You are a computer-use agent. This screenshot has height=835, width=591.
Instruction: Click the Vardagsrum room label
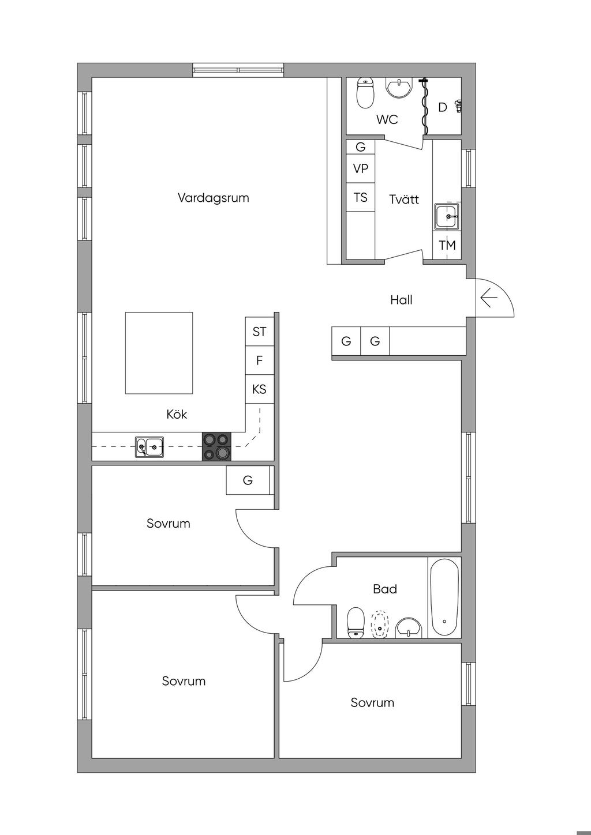point(214,198)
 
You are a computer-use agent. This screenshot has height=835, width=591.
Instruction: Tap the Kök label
point(177,414)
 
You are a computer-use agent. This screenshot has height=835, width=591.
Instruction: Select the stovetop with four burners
point(217,446)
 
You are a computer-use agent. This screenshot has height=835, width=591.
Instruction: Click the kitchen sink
point(149,446)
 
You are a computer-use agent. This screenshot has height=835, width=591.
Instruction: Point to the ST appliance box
point(260,332)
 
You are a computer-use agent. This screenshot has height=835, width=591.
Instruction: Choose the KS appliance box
point(260,389)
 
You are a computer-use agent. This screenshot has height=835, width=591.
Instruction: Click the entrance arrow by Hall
point(489,299)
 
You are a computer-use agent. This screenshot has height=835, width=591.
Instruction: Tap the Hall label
point(402,300)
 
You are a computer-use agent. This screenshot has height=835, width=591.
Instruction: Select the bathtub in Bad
point(444,597)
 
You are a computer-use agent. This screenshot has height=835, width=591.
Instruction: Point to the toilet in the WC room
point(366,93)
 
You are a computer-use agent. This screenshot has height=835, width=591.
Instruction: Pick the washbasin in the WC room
point(399,88)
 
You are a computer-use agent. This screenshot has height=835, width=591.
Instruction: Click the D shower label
point(443,107)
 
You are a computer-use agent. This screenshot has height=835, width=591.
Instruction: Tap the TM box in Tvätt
point(447,245)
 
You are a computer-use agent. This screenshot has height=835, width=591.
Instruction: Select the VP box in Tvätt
point(360,168)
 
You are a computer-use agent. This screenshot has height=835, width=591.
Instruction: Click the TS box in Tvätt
point(360,197)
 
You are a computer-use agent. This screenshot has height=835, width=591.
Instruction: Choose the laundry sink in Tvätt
point(447,216)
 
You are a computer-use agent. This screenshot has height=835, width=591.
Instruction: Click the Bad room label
point(385,589)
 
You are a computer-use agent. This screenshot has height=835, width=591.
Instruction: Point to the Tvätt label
point(404,199)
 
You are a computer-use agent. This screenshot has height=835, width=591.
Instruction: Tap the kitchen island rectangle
point(159,353)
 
